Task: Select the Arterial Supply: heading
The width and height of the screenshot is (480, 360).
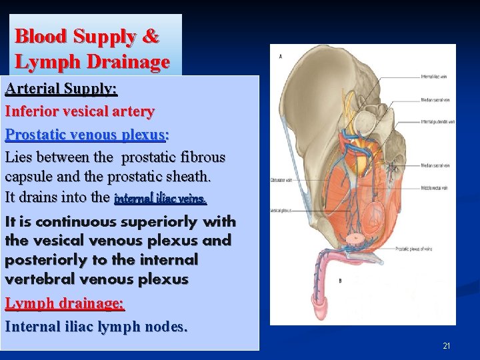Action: tap(61, 88)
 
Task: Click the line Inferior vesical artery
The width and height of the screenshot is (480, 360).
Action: tap(80, 111)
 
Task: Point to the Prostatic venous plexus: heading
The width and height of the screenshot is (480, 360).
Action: tap(87, 135)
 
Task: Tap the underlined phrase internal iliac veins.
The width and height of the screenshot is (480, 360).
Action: tap(161, 199)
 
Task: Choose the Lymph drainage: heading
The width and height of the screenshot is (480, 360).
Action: tap(65, 303)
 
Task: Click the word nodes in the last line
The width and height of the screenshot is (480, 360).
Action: tap(167, 327)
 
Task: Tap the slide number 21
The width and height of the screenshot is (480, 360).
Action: tap(447, 346)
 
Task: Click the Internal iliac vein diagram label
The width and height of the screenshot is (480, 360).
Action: tap(434, 77)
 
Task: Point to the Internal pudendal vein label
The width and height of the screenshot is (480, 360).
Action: tap(437, 122)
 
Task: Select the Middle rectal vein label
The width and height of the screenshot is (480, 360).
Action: tap(434, 188)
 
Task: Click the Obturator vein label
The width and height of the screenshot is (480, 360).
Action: tap(282, 180)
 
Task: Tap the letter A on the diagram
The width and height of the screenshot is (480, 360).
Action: tap(280, 57)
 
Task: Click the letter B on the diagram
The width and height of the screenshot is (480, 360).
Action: tap(340, 281)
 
